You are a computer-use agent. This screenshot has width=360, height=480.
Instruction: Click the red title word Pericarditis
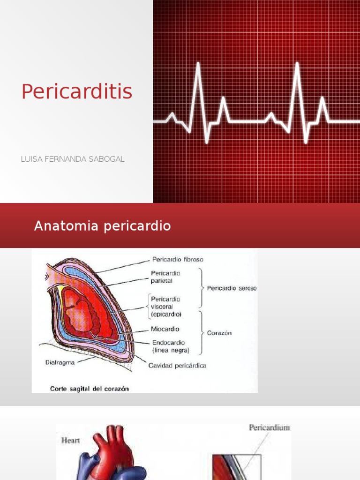click(x=77, y=92)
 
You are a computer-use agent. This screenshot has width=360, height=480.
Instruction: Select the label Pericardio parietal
click(x=165, y=277)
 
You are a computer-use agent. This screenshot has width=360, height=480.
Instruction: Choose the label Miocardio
click(x=165, y=330)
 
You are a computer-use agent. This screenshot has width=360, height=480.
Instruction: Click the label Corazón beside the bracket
click(x=219, y=333)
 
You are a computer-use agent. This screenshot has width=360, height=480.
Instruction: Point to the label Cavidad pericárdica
click(x=177, y=366)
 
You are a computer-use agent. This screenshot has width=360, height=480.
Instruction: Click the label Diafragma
click(x=60, y=362)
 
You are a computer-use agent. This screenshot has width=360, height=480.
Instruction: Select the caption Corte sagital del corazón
click(x=90, y=388)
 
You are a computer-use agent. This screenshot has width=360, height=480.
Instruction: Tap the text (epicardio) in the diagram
click(x=166, y=314)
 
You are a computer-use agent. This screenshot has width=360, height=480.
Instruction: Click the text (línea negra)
click(x=171, y=350)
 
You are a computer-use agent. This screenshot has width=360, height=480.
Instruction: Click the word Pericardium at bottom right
click(x=269, y=427)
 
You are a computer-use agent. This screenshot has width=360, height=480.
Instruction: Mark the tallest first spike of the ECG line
click(x=198, y=66)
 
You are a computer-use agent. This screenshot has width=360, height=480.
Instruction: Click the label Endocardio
click(x=167, y=343)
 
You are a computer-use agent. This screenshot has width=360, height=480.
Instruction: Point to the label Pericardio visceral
click(x=165, y=302)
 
